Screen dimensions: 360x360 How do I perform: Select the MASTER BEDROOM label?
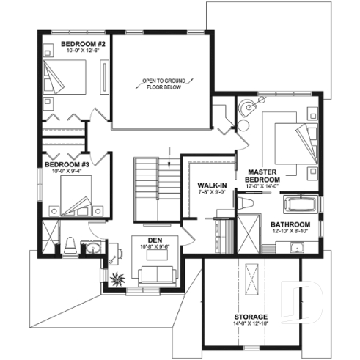(x=262, y=175)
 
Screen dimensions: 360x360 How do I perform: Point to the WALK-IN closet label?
(x=211, y=186)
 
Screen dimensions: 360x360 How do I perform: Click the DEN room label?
(x=155, y=240)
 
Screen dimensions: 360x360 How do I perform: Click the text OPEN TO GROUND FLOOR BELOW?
(x=164, y=83)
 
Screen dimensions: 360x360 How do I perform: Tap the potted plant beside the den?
(x=116, y=278)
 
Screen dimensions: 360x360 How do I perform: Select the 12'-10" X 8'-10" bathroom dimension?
(x=290, y=232)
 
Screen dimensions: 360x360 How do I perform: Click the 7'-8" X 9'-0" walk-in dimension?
(x=211, y=194)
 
